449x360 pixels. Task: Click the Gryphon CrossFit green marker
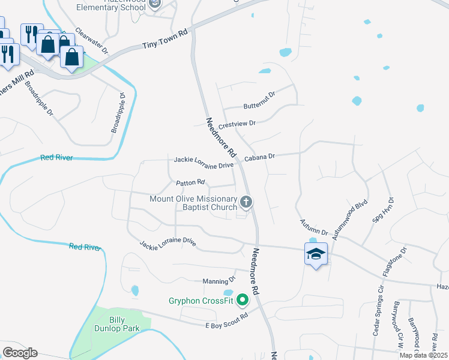243,299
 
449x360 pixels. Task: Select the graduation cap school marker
316,254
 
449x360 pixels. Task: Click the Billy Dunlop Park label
116,324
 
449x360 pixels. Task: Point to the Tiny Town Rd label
165,40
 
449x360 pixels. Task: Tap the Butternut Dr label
259,100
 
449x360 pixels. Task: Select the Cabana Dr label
259,157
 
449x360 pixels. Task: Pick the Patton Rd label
191,182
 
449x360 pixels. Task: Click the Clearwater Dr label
92,41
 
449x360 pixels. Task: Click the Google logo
20,352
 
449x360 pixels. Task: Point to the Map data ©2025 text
424,355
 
